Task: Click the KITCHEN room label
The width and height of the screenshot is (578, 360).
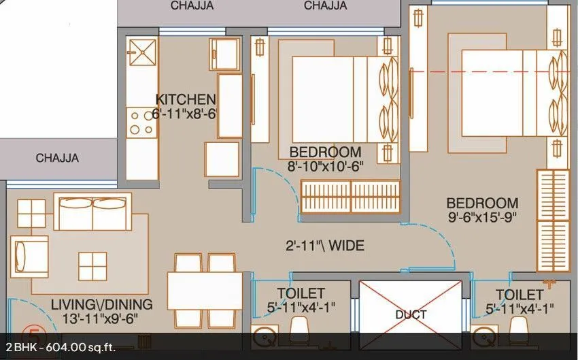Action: [186, 99]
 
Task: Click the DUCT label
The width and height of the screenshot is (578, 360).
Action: [411, 314]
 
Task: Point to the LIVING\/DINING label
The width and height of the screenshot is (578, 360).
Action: [101, 304]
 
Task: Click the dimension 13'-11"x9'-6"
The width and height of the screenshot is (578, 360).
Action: [101, 318]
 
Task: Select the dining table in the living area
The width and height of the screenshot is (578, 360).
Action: [205, 291]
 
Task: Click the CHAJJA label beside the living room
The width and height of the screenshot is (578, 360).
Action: [58, 159]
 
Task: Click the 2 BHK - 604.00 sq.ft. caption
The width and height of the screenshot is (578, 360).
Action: [58, 347]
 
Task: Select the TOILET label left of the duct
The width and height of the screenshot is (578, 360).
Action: [301, 294]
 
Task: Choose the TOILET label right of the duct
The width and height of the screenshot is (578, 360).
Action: [520, 295]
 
